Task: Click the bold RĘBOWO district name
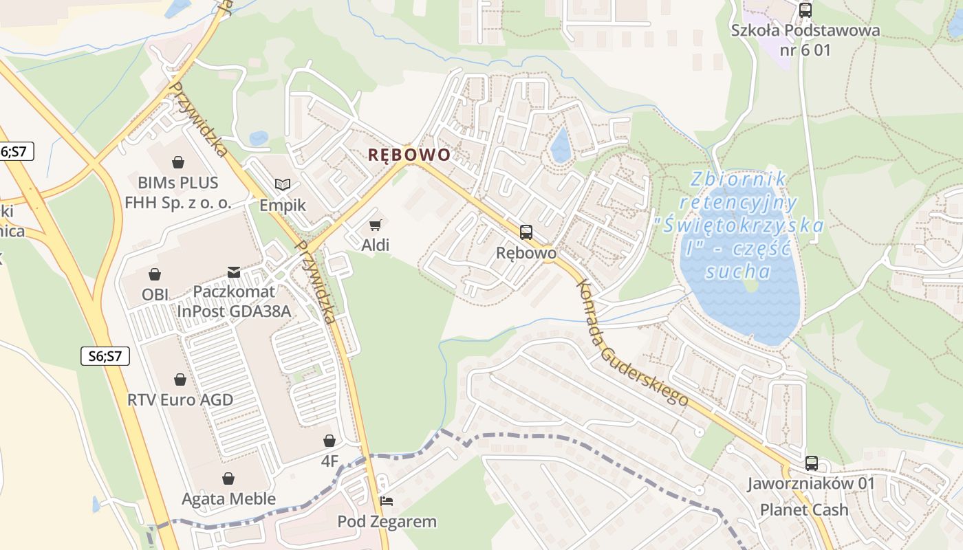(x=409, y=155)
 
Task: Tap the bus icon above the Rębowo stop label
(x=526, y=232)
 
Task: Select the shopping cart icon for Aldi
(x=375, y=225)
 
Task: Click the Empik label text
(x=283, y=206)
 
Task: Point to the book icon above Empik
(x=283, y=184)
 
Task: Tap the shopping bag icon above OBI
(x=155, y=274)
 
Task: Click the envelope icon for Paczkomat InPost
(x=234, y=272)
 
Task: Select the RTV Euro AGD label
(x=180, y=400)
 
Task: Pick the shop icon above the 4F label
(x=329, y=441)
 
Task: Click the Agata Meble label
(x=228, y=499)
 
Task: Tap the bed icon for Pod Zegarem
(x=387, y=501)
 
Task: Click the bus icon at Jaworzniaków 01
(x=812, y=463)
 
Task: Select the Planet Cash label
(x=804, y=510)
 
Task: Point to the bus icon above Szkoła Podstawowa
(x=805, y=10)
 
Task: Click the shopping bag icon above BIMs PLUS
(x=178, y=162)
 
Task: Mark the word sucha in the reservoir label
(x=738, y=271)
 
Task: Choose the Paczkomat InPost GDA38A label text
(x=234, y=301)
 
